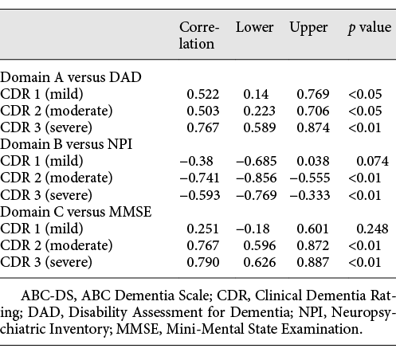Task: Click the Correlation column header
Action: pos(197,35)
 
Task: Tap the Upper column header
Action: pos(308,28)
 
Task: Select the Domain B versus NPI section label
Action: pos(65,143)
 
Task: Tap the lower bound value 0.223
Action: pos(253,111)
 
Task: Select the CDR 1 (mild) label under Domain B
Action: pos(41,160)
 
